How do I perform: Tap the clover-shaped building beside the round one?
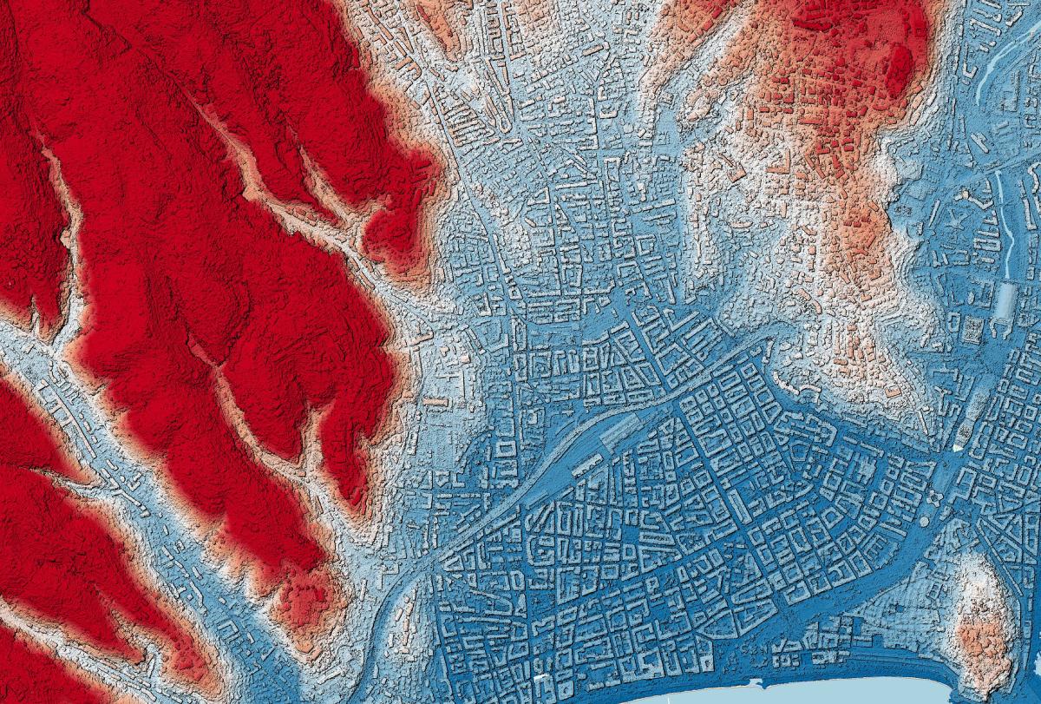coord(936,496)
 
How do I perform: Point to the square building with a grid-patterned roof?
coord(972,328)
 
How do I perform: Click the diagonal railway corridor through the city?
coord(520,503)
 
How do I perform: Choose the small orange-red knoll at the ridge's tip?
coord(304,599)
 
